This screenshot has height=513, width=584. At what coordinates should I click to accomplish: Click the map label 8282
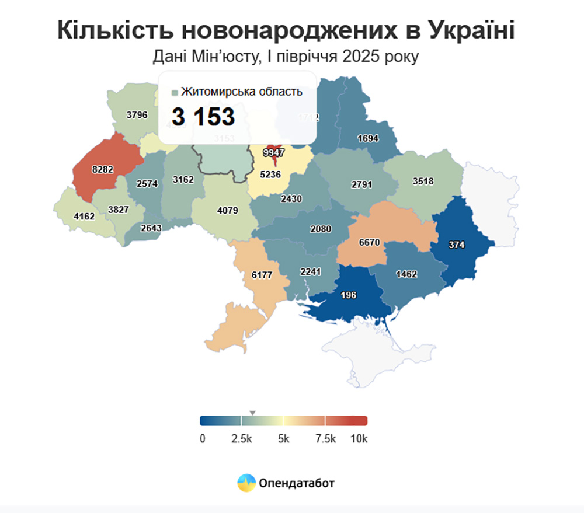tap(102, 169)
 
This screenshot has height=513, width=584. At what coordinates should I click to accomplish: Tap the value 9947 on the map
tap(273, 153)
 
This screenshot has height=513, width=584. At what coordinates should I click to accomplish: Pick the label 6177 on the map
tap(262, 274)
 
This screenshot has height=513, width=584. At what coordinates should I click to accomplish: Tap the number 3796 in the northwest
tap(138, 115)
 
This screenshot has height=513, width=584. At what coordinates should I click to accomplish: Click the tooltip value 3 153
tap(203, 117)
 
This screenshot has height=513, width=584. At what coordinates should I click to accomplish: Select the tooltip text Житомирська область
tap(241, 92)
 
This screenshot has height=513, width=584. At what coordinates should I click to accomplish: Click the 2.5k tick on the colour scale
tap(241, 438)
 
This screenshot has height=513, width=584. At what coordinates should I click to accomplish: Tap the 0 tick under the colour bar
tap(202, 438)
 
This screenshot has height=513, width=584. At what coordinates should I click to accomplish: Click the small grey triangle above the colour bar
tap(252, 413)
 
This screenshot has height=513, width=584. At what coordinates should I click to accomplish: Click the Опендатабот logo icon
tap(246, 483)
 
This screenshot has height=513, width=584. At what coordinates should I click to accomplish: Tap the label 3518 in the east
tap(423, 181)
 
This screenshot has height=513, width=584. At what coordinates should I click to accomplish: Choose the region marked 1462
tap(407, 273)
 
